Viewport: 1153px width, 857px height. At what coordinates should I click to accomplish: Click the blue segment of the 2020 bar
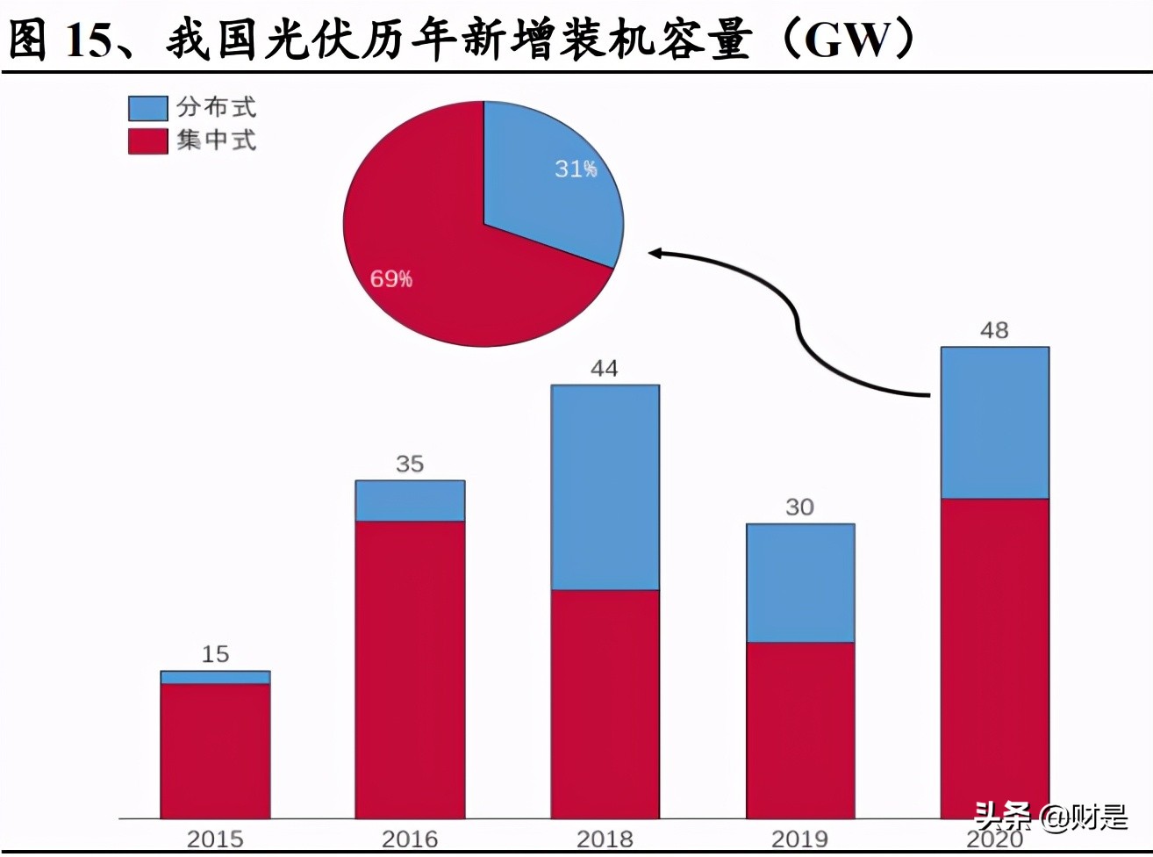click(994, 422)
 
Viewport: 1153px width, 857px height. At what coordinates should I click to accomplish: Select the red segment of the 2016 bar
click(410, 669)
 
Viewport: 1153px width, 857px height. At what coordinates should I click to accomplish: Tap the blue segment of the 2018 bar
click(605, 487)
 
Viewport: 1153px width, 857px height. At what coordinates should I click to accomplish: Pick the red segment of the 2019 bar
click(799, 730)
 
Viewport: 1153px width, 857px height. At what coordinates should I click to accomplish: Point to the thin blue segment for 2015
click(215, 677)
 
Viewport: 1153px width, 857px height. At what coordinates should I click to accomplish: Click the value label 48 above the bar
click(994, 331)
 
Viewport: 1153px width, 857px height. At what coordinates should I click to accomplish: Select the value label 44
click(604, 369)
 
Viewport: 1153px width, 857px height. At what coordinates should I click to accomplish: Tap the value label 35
click(410, 464)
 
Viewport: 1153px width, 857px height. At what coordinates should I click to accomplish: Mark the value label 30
click(799, 508)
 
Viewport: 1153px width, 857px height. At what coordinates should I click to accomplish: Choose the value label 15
click(215, 654)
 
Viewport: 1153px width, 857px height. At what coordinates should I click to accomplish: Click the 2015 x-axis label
click(215, 839)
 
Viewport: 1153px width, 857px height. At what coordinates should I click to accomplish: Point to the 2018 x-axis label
click(605, 839)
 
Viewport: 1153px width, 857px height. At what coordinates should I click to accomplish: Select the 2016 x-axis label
click(410, 839)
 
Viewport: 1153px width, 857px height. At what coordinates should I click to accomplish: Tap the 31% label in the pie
click(576, 169)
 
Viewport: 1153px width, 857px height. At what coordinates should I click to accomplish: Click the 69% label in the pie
click(391, 279)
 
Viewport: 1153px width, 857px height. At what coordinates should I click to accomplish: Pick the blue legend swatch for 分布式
click(147, 108)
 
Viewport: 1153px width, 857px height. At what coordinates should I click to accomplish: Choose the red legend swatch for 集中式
click(147, 140)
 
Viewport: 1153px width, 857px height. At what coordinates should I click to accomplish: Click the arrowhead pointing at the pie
click(655, 254)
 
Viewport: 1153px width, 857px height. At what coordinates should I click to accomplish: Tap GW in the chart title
click(847, 40)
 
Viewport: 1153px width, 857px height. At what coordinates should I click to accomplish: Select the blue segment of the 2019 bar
click(799, 583)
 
